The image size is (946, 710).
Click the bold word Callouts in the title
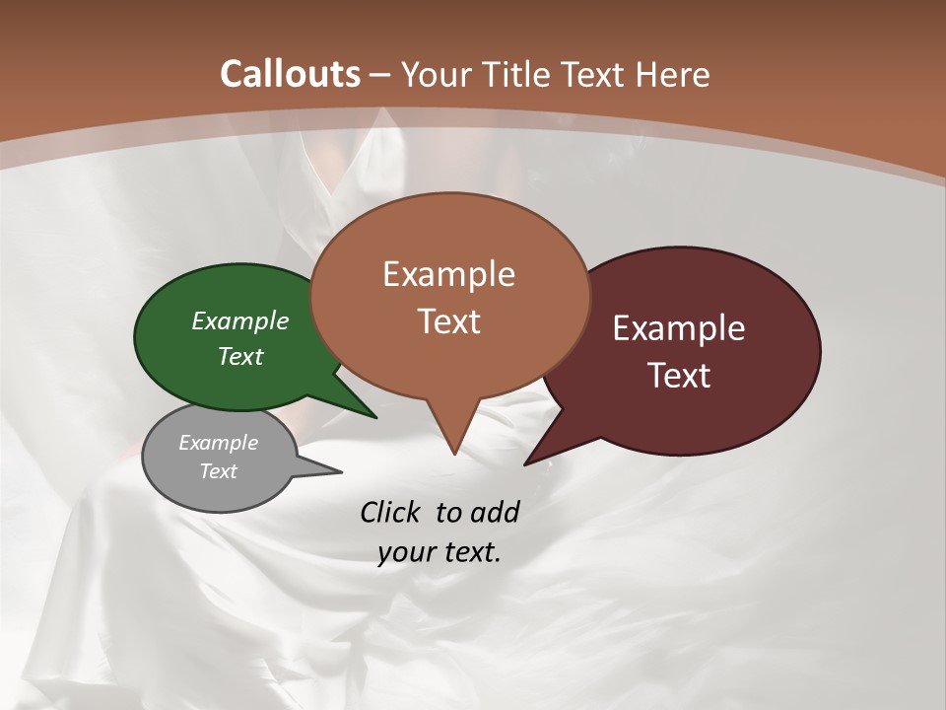(x=290, y=74)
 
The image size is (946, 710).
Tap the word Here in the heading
(x=674, y=74)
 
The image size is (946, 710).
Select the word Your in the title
(x=438, y=74)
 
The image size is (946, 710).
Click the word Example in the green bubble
(x=240, y=320)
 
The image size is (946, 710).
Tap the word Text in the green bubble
(x=240, y=356)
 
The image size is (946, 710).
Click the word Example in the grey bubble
(x=218, y=443)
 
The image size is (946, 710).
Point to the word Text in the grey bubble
(x=218, y=471)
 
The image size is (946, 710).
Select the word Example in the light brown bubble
(x=448, y=274)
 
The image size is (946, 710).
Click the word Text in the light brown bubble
(x=448, y=320)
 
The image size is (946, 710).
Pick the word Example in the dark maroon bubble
(x=679, y=328)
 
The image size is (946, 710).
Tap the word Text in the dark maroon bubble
(x=679, y=375)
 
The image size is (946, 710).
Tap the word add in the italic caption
(x=494, y=512)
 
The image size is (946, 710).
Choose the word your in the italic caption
(x=406, y=552)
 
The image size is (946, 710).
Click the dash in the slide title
(x=380, y=74)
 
